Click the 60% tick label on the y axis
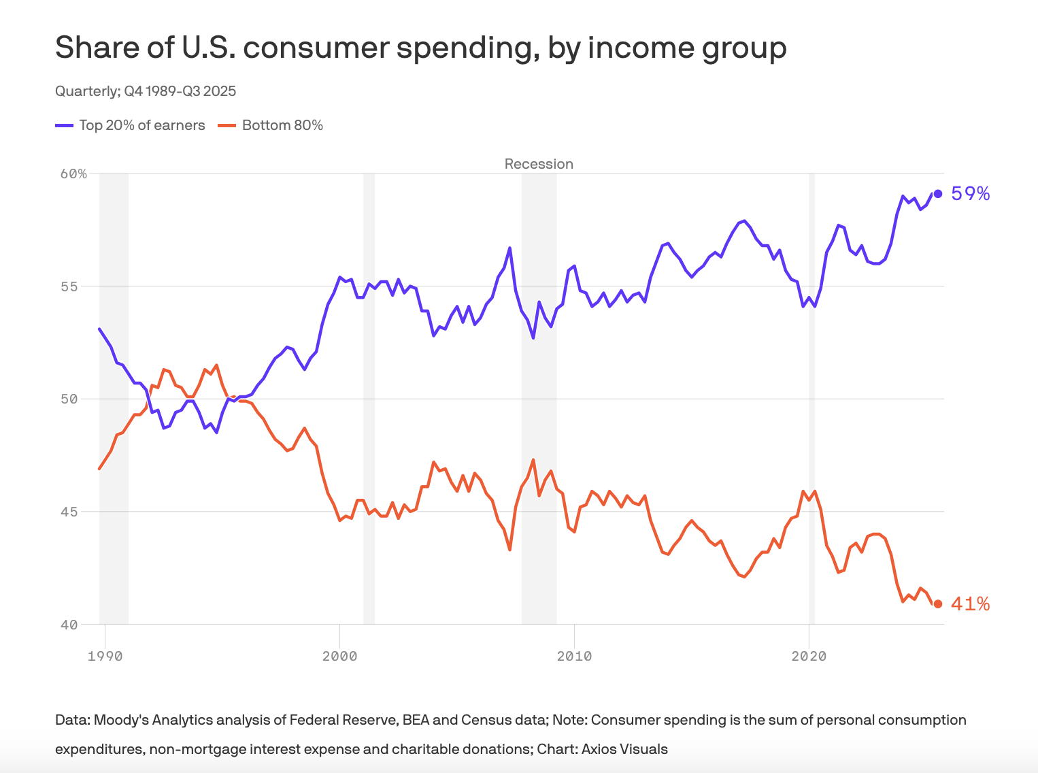73,174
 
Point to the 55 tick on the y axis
69,286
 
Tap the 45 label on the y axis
69,512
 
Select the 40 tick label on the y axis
69,625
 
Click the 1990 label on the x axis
105,657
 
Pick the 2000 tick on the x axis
339,657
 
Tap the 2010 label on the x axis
574,657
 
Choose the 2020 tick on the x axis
809,657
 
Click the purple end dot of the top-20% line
938,194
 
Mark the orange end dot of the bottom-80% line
938,604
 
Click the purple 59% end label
970,194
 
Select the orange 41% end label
970,604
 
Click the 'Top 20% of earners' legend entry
141,125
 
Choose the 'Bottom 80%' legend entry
282,125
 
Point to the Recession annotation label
539,164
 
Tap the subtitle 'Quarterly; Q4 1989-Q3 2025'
146,91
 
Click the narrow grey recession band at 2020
811,408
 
